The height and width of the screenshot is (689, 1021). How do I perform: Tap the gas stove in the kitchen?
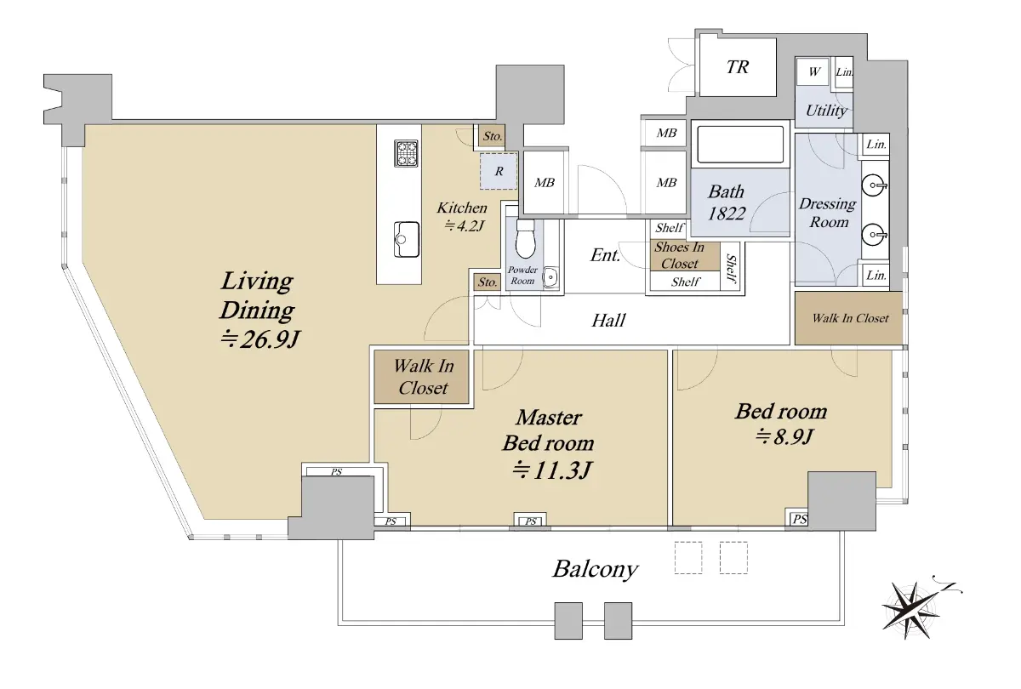pos(406,153)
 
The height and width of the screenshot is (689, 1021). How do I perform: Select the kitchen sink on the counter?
pos(407,240)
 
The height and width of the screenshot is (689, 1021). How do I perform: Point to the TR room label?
pos(737,67)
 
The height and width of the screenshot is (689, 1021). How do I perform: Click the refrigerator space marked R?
pos(499,171)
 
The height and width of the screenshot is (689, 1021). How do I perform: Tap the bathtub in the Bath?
pos(740,144)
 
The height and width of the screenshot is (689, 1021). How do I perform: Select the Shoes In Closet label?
pos(679,255)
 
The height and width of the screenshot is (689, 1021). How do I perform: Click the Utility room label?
pos(826,111)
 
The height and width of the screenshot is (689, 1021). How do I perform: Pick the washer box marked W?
pos(813,71)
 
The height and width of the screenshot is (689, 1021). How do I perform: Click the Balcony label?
pos(595,570)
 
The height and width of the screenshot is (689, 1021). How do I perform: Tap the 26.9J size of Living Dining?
pos(260,339)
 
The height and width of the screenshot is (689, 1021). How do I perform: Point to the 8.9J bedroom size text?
pos(784,436)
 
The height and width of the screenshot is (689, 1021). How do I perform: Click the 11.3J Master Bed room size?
pos(552,470)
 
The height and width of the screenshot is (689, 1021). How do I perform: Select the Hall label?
pos(608,321)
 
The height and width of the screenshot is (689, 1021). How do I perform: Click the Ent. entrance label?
pos(605,255)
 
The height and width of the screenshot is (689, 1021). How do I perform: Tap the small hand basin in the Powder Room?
pos(551,277)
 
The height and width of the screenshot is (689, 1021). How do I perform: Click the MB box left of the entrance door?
pos(545,182)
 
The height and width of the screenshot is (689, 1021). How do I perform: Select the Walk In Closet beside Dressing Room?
pos(850,318)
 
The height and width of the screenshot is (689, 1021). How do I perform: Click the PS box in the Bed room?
pos(797,519)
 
